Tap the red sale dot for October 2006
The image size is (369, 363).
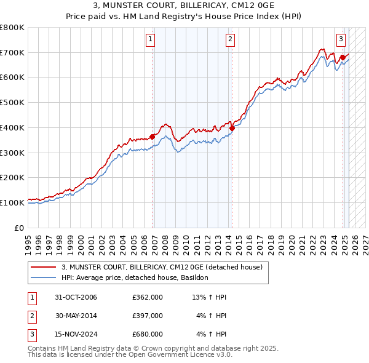pyautogui.click(x=152, y=137)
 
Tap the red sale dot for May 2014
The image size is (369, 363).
pyautogui.click(x=232, y=129)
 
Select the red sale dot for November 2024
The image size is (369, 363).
pyautogui.click(x=343, y=58)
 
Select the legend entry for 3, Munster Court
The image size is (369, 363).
pyautogui.click(x=162, y=267)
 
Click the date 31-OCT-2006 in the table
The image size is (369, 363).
pyautogui.click(x=76, y=298)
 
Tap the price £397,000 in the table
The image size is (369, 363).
pyautogui.click(x=148, y=316)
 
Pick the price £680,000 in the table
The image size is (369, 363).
pyautogui.click(x=148, y=334)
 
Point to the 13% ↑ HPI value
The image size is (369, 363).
pyautogui.click(x=209, y=298)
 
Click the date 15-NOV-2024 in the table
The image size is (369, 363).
pyautogui.click(x=76, y=334)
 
